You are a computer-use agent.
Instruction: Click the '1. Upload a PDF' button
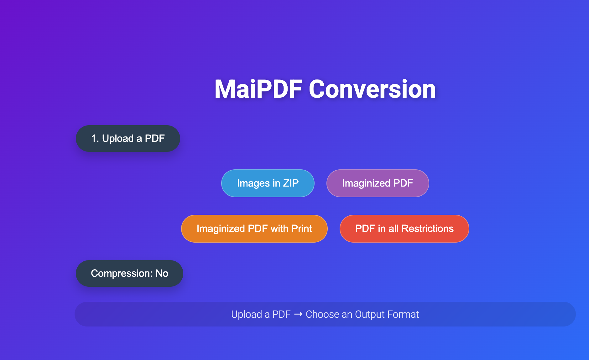coord(128,139)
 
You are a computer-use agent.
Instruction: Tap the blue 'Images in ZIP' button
coord(268,183)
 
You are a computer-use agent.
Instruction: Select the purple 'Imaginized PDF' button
coord(378,183)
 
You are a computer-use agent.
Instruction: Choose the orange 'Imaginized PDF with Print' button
coord(254,229)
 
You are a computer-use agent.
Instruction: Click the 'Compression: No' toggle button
coord(129,273)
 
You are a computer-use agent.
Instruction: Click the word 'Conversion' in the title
coord(372,89)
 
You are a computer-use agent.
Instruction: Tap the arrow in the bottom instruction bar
coord(298,314)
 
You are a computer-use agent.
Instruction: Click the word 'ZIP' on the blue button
coord(291,183)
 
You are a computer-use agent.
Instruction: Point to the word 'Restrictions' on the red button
coord(427,229)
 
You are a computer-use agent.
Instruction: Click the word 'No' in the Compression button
coord(162,273)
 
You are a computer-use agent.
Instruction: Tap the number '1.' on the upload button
coord(95,139)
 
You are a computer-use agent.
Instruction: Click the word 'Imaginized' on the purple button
coord(366,183)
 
